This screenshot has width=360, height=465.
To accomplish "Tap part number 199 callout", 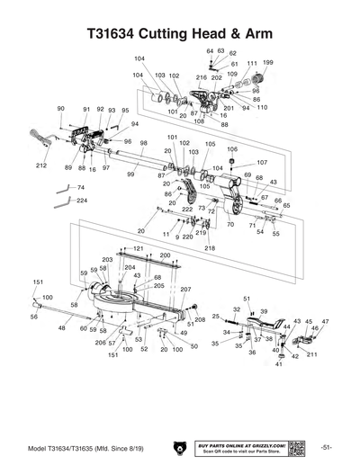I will point(267,62).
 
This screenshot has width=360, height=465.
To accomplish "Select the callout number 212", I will point(41,166).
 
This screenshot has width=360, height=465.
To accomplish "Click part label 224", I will point(82,201).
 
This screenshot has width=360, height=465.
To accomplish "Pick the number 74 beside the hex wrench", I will point(80,187).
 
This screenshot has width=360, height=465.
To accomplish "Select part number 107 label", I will point(262,162).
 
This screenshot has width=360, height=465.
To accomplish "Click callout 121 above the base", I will point(138,247).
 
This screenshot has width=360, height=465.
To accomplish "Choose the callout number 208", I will point(200,319).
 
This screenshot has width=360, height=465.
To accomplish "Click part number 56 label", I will point(34,317).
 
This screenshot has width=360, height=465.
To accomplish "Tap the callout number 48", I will point(62,329).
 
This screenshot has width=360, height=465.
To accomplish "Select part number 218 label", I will point(210,247).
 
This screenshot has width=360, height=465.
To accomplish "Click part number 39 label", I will point(264,310).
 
